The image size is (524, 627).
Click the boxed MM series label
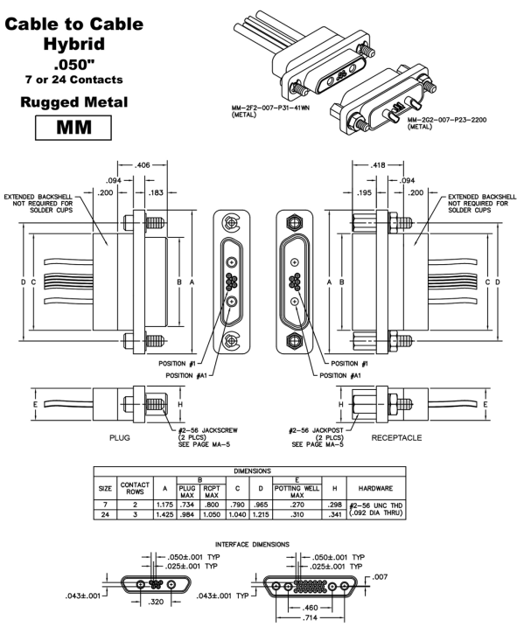pos(73,128)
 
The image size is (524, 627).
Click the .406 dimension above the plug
pos(143,164)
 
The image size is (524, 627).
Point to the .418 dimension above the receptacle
pos(378,164)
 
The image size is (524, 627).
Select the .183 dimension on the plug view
pos(156,192)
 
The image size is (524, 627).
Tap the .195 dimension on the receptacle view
pos(364,192)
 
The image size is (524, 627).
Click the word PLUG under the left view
pos(120,438)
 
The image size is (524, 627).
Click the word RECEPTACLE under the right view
pos(396,438)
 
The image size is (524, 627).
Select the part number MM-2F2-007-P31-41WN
pos(270,108)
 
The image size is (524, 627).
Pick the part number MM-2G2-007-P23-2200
pos(447,120)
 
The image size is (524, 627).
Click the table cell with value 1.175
pos(165,505)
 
